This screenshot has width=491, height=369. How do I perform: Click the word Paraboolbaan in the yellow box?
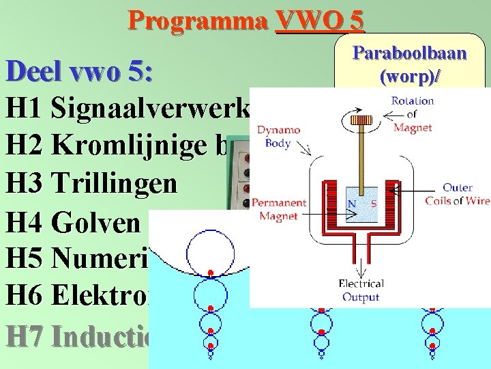(409, 53)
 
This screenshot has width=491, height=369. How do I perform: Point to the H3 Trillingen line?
(92, 185)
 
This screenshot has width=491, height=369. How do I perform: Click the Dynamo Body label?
(279, 137)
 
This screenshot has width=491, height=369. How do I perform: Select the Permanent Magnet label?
(278, 209)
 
